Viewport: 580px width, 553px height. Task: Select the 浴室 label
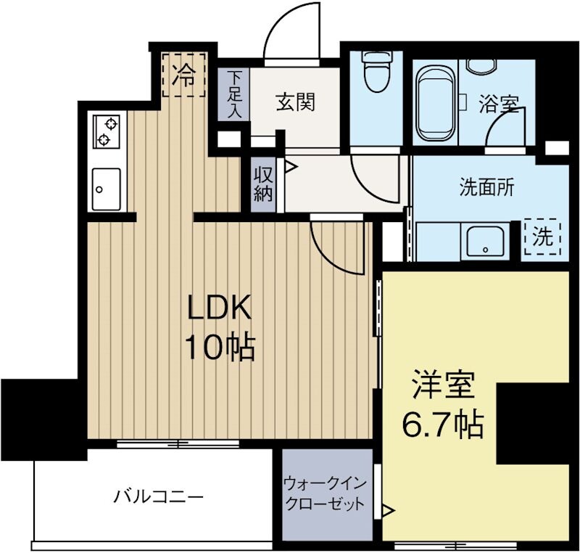(x=498, y=104)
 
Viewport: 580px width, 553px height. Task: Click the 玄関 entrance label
(x=295, y=102)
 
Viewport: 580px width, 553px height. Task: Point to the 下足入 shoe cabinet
(x=233, y=94)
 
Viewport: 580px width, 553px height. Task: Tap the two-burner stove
(x=106, y=131)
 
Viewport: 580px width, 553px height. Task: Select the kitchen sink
(x=106, y=187)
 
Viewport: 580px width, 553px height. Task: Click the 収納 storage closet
(x=262, y=185)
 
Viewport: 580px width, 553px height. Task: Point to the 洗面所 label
(x=487, y=187)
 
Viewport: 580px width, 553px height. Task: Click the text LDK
(x=220, y=311)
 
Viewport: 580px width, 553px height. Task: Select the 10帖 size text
(x=219, y=348)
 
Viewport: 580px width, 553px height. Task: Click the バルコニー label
(x=158, y=497)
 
